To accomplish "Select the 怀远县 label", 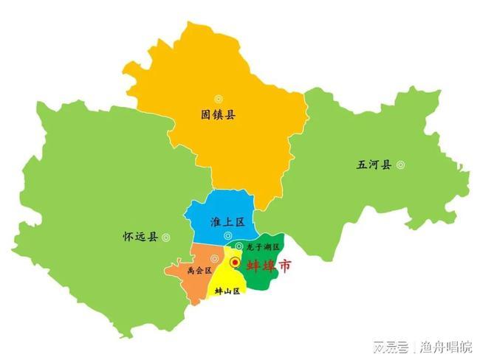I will pyautogui.click(x=140, y=237).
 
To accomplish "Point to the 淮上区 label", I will pyautogui.click(x=227, y=221).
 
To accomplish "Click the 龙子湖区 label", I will pyautogui.click(x=264, y=246).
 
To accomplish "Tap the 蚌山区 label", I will pyautogui.click(x=227, y=291).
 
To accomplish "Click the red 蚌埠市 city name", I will pyautogui.click(x=267, y=266).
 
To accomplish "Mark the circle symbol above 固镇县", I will pyautogui.click(x=219, y=99).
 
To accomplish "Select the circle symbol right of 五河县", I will pyautogui.click(x=401, y=165).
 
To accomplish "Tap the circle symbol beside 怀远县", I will pyautogui.click(x=166, y=237).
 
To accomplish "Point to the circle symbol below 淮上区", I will pyautogui.click(x=227, y=235).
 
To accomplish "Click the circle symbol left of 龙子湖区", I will pyautogui.click(x=239, y=246).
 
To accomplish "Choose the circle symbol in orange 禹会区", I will pyautogui.click(x=214, y=258).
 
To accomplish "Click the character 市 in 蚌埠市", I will pyautogui.click(x=283, y=266).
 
